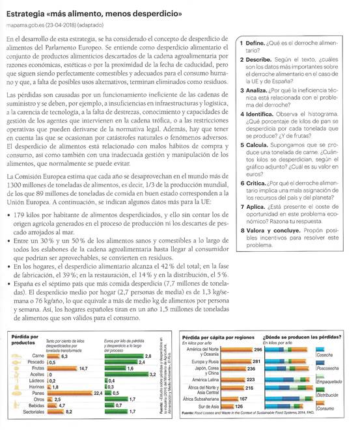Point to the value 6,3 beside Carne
pyautogui.click(x=64, y=356)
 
